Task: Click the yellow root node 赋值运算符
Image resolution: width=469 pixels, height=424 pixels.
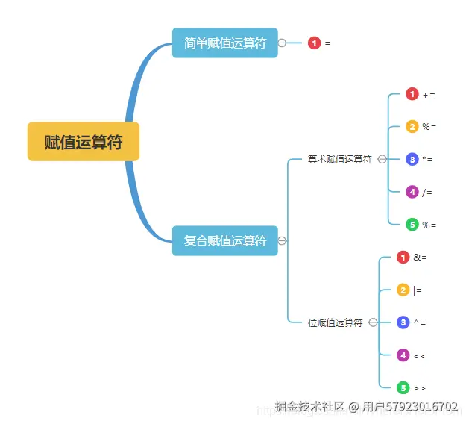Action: tap(84, 142)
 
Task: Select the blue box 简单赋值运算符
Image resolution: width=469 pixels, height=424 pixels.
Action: tap(224, 43)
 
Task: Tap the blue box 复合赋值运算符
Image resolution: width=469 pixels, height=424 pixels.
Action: tap(224, 240)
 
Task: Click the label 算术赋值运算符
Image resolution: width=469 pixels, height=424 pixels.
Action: tap(339, 159)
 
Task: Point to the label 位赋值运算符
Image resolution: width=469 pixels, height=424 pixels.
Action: tap(335, 322)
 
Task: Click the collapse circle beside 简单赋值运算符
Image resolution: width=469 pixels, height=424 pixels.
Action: tap(282, 43)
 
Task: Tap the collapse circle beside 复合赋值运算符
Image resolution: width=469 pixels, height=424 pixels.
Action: tap(282, 240)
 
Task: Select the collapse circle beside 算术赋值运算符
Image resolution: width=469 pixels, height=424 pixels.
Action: tap(382, 159)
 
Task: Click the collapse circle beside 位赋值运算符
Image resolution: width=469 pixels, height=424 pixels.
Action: tap(373, 322)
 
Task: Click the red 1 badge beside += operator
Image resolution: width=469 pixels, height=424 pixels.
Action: tap(412, 94)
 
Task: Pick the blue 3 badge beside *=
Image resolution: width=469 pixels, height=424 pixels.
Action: tap(412, 159)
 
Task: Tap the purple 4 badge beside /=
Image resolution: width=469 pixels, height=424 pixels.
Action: tap(412, 192)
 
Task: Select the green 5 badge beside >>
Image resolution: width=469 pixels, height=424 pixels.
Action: tap(403, 387)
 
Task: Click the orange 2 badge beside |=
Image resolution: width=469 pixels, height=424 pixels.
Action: tap(403, 290)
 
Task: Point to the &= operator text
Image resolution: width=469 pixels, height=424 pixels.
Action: tap(420, 258)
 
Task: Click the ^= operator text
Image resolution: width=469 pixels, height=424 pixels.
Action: tap(420, 322)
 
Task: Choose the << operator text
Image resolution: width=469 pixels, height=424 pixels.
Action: tap(420, 355)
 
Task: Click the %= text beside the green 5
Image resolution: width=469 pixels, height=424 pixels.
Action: tap(429, 225)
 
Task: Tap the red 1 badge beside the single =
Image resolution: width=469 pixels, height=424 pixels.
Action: tap(315, 43)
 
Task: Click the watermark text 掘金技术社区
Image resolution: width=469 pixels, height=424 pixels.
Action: tap(309, 407)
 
